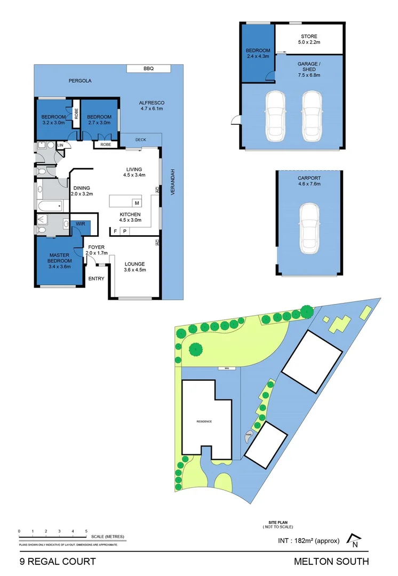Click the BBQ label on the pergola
[x=148, y=69]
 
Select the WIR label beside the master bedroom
[x=81, y=224]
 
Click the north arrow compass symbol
[x=353, y=541]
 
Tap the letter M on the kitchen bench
[x=137, y=203]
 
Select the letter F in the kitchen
[x=115, y=231]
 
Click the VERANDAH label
[x=172, y=183]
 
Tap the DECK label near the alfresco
[x=140, y=140]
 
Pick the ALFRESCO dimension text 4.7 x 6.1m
[x=152, y=109]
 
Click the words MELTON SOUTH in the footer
[x=331, y=561]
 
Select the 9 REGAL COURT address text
[x=57, y=561]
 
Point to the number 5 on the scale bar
[x=86, y=531]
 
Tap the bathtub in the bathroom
[x=49, y=206]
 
